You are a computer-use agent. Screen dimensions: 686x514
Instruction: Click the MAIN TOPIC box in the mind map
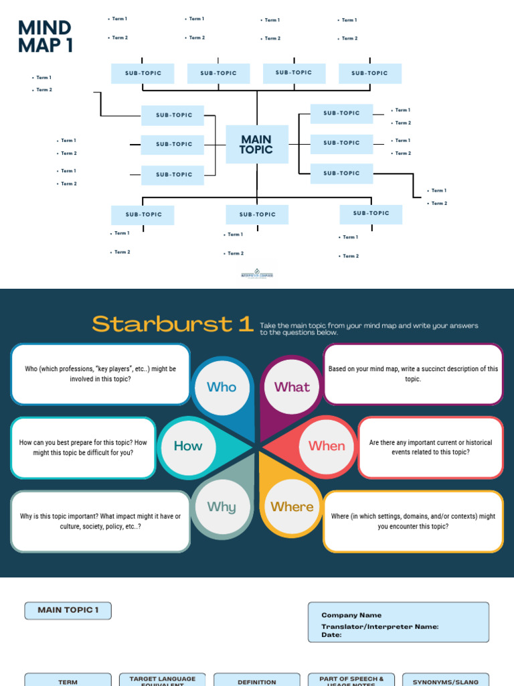(x=257, y=144)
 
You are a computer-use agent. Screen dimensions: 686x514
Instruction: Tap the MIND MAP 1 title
(x=45, y=37)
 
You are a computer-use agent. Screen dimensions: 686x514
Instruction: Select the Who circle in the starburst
(x=222, y=387)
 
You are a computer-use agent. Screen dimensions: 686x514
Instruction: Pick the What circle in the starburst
(x=292, y=387)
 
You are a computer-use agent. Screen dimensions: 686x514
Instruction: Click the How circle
(x=188, y=446)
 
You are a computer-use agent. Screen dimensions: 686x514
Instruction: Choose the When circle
(x=327, y=446)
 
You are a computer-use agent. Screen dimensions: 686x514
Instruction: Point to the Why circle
(x=222, y=507)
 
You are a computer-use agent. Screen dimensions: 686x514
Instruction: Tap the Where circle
(x=292, y=507)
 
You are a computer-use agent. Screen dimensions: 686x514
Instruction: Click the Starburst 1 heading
(x=173, y=324)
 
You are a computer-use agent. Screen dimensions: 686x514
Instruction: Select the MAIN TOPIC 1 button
(x=68, y=610)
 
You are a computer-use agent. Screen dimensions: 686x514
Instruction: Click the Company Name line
(x=351, y=615)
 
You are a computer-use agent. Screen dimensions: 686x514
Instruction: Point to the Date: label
(x=331, y=635)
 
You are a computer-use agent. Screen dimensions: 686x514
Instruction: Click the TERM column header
(x=68, y=681)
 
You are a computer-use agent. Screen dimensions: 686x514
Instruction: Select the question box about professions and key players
(x=100, y=374)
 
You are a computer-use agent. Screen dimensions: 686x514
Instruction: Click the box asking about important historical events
(x=430, y=448)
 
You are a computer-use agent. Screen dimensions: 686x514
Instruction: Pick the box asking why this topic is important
(x=100, y=522)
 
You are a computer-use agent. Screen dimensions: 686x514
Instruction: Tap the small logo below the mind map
(x=257, y=274)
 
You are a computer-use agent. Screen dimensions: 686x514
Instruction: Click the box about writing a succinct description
(x=413, y=374)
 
